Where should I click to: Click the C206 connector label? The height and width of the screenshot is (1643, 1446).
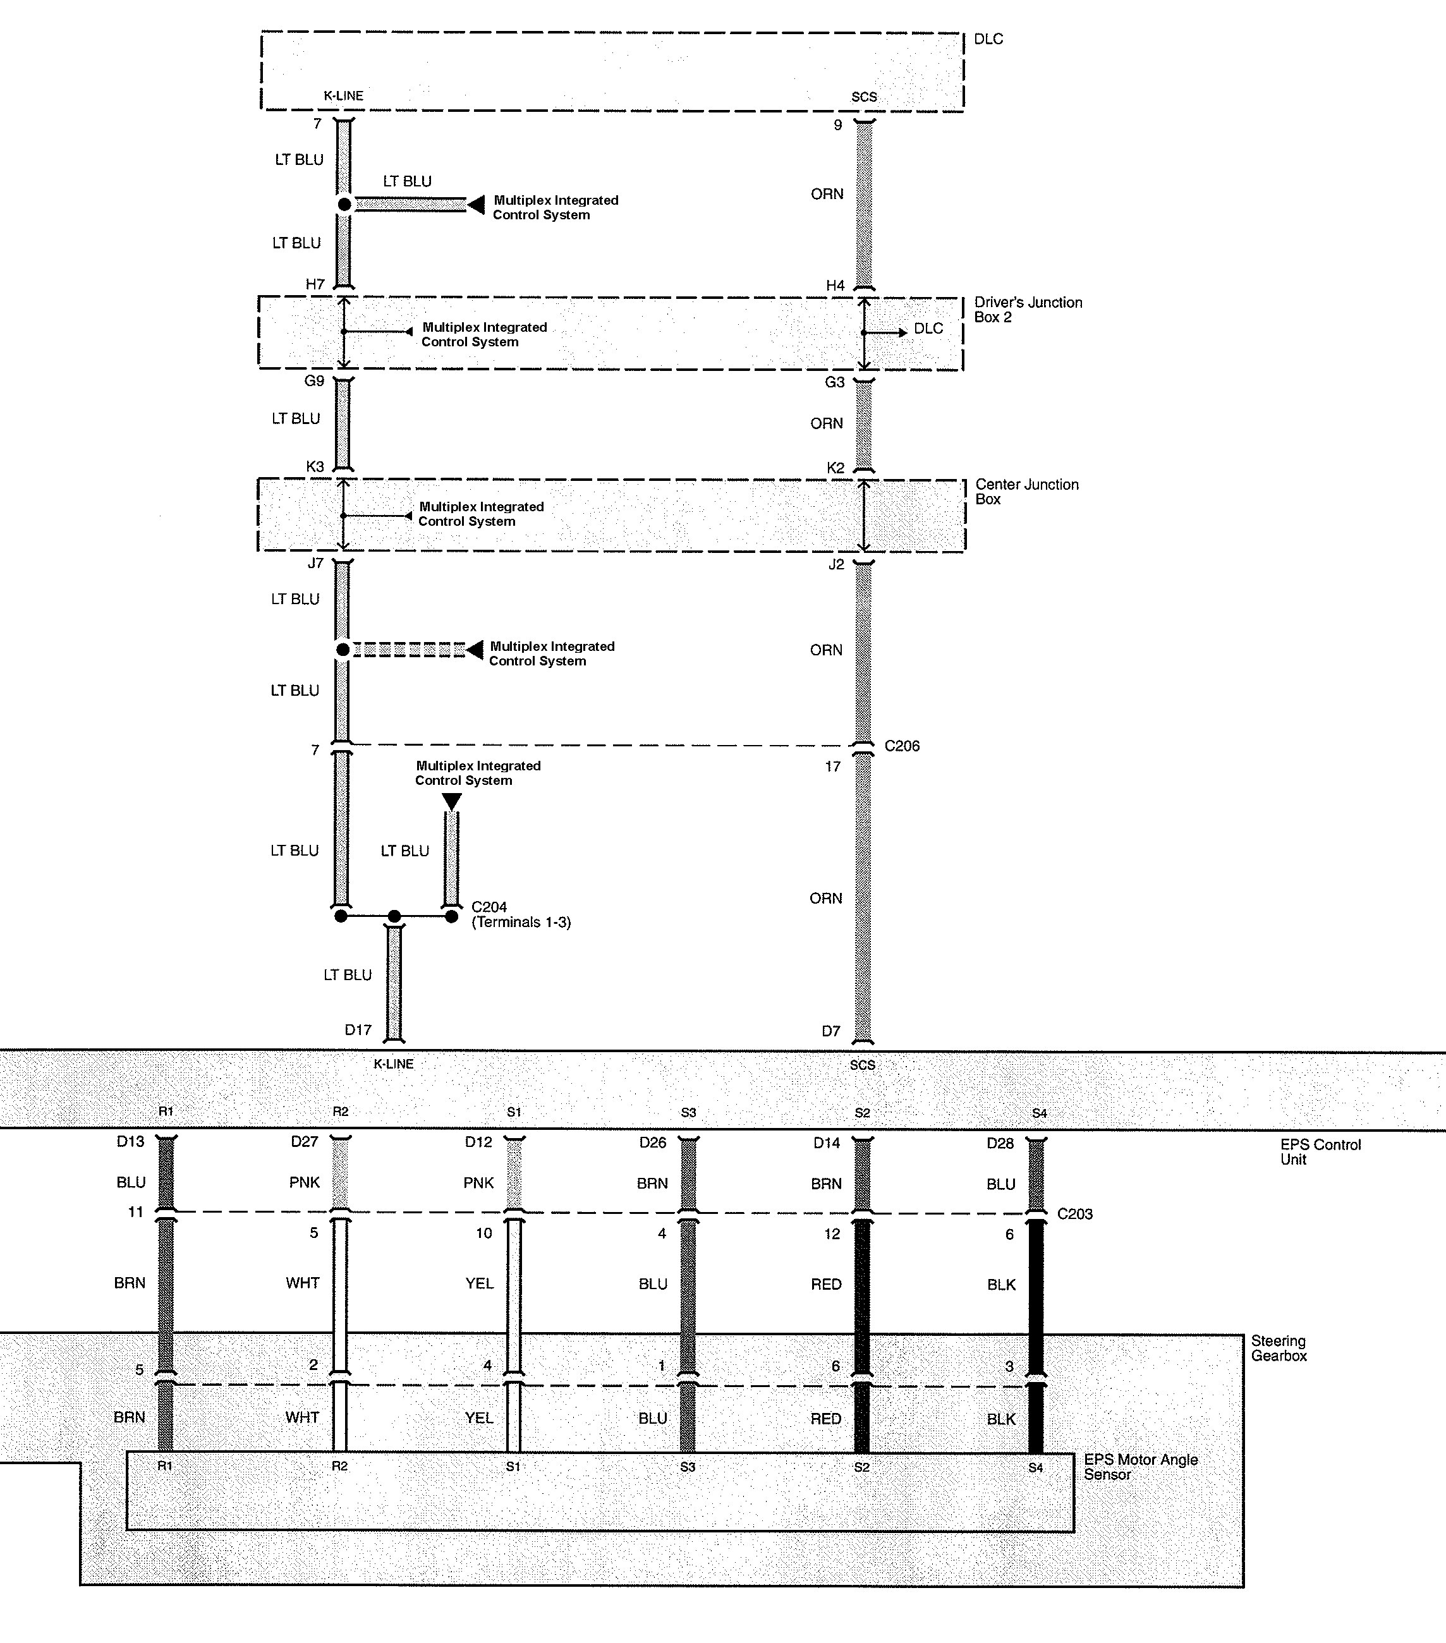click(902, 746)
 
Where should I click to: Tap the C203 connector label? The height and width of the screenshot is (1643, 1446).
click(1074, 1214)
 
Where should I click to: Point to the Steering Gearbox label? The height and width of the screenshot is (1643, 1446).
click(1279, 1348)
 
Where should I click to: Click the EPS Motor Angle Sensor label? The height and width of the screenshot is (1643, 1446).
click(1141, 1467)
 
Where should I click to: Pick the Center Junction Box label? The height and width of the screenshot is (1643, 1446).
click(1026, 492)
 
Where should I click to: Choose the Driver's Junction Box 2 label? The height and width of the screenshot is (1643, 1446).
click(1028, 310)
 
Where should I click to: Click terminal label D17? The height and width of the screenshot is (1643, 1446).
click(358, 1029)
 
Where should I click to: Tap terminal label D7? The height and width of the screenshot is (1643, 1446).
click(831, 1031)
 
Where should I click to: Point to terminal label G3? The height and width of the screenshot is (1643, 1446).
click(835, 382)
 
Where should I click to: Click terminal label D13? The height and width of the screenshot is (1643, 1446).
click(130, 1141)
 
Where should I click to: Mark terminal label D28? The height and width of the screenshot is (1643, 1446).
click(1000, 1143)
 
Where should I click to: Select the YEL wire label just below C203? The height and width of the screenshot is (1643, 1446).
click(480, 1283)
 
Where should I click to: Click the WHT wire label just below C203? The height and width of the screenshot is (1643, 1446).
click(303, 1283)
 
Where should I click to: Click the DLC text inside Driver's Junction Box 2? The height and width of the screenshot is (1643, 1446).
click(928, 329)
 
